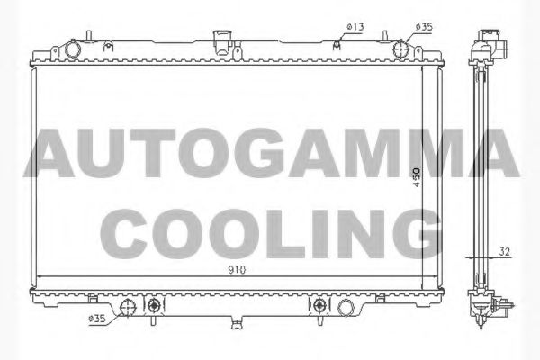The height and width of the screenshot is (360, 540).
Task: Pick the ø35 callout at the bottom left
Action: (x=98, y=318)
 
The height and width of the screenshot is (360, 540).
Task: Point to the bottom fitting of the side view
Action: (x=491, y=306)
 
